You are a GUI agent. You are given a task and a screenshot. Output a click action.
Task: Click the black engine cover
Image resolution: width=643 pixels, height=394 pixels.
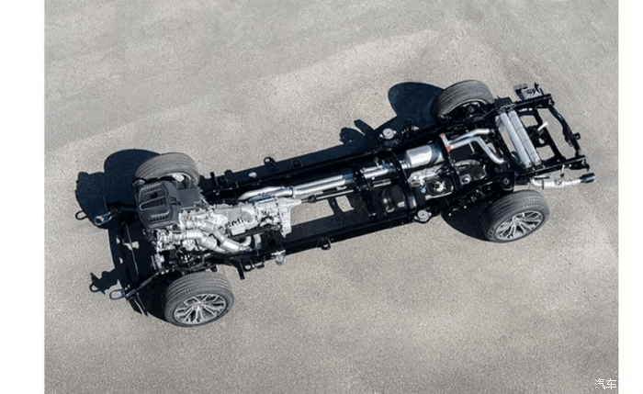point(159,203)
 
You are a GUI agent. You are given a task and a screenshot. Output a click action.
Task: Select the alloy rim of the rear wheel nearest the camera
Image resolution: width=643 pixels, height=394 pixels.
point(518,225)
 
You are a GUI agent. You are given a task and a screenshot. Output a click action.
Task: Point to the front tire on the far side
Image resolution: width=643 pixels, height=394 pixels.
point(167,168)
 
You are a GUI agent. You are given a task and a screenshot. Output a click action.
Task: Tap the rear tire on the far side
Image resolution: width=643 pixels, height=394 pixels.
point(462,98)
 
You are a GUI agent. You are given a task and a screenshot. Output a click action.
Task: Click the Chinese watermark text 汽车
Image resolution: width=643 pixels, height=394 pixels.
point(605,384)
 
